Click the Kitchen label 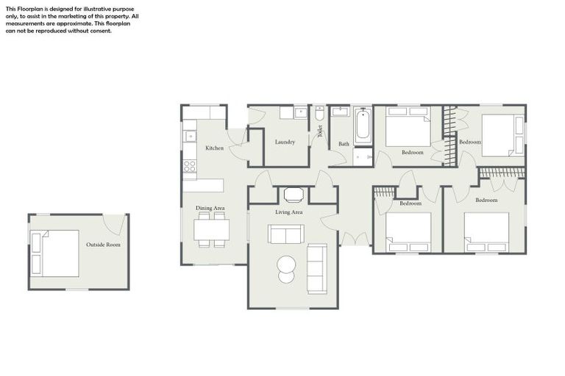coord(214,148)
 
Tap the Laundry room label coord(285,142)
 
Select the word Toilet coord(320,131)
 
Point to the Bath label coord(344,144)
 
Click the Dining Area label coord(210,209)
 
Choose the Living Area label coord(289,212)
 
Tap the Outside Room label coord(103,245)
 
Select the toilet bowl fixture coord(319,114)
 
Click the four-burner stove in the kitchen coord(190,166)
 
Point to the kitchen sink coord(190,136)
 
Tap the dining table coord(211,230)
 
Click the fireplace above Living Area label coord(293,195)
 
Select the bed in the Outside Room coord(55,253)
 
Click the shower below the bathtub coord(363,156)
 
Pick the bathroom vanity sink coord(340,112)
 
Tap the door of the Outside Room coord(114,224)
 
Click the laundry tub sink coord(300,112)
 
